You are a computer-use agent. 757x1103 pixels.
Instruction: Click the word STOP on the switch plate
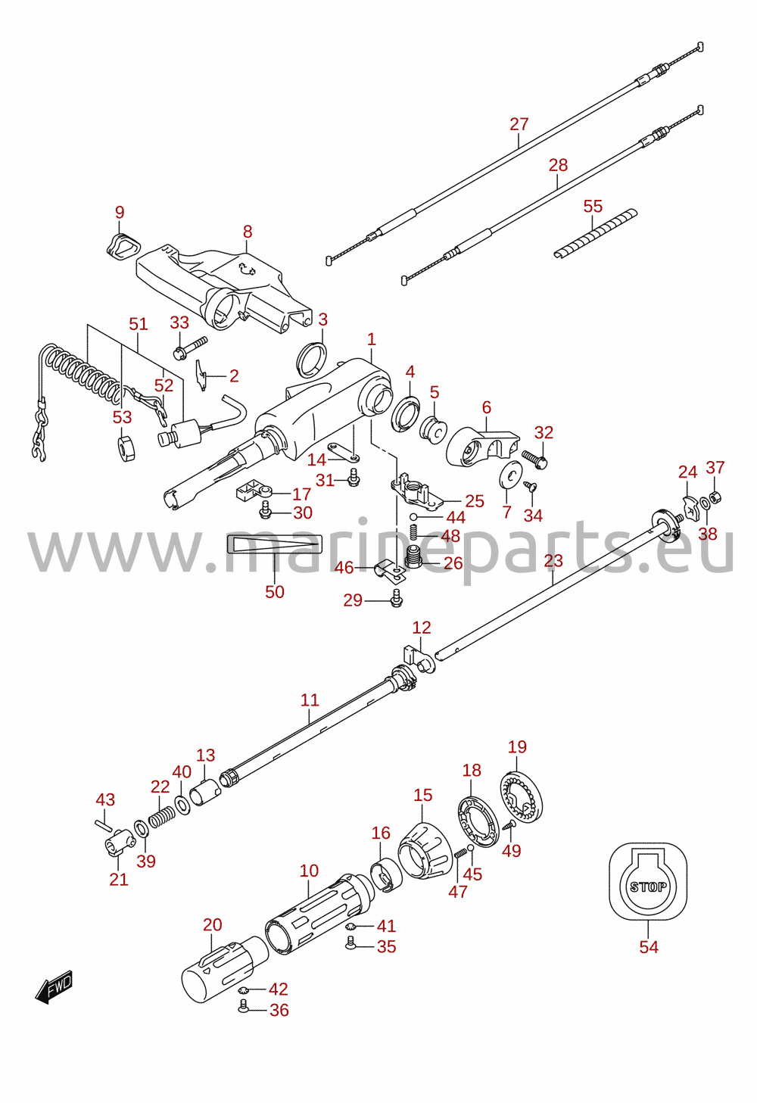(x=647, y=887)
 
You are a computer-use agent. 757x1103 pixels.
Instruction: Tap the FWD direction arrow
(x=54, y=986)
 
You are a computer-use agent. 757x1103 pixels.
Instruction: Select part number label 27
(x=519, y=124)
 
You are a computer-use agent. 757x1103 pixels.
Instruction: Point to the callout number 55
(x=593, y=206)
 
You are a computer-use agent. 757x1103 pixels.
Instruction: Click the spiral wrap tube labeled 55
(x=595, y=234)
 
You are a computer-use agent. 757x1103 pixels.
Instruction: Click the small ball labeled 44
(x=414, y=516)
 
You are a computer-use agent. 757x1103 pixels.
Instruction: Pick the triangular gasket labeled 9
(x=123, y=245)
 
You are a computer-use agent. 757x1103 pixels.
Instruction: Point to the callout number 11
(x=310, y=700)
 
